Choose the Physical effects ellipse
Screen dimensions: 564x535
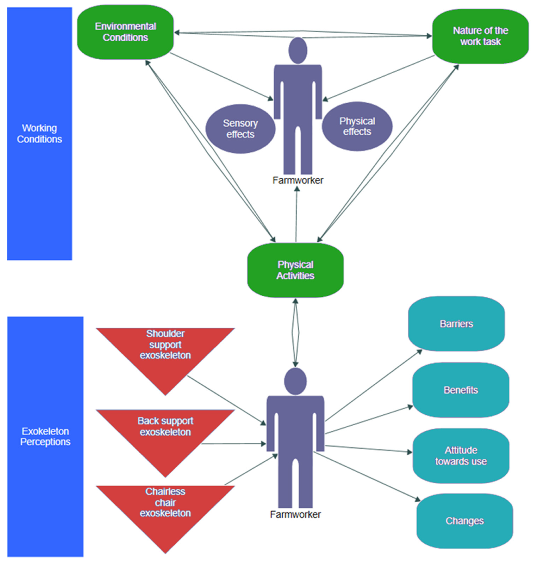click(x=357, y=126)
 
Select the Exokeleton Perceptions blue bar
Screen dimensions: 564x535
click(x=45, y=436)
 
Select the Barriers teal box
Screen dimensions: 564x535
click(x=456, y=324)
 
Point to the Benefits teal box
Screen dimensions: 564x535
click(x=461, y=390)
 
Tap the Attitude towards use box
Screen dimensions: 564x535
click(x=461, y=456)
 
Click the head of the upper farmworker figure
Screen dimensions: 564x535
click(x=298, y=51)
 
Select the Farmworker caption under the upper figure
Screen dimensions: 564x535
click(x=298, y=180)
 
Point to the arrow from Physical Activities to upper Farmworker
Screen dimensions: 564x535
click(x=296, y=214)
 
